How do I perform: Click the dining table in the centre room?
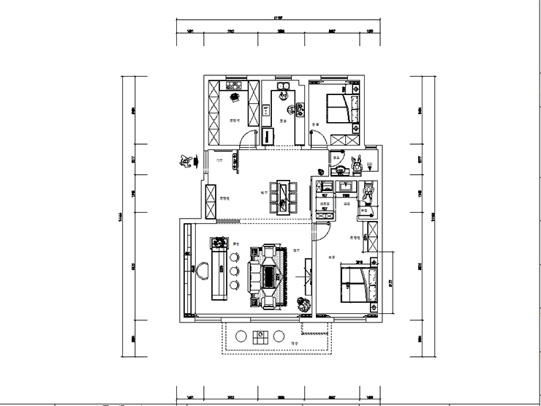click(283, 196)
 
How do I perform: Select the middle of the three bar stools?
click(234, 271)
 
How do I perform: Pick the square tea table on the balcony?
click(260, 337)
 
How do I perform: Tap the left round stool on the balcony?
click(241, 337)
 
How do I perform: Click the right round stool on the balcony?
click(279, 337)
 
